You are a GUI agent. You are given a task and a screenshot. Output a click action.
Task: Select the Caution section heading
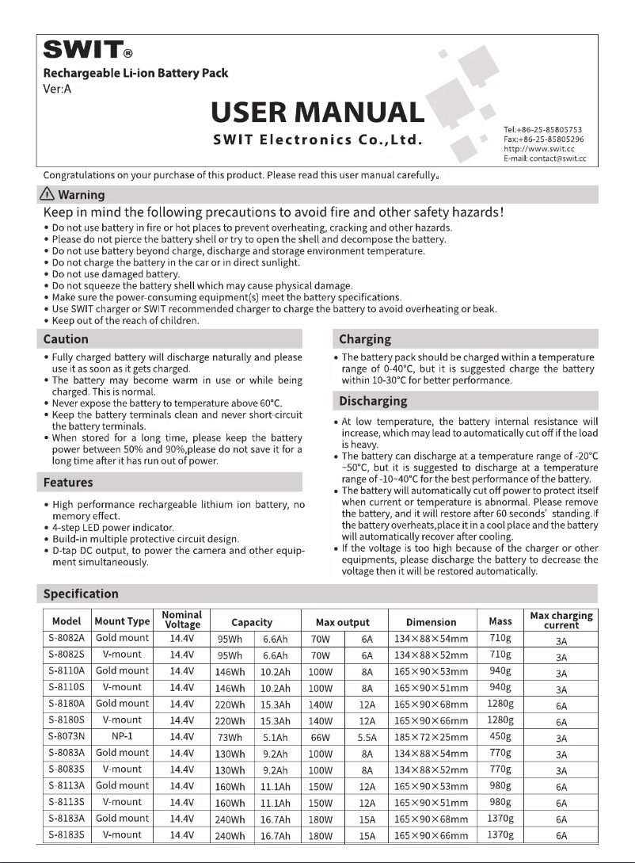pyautogui.click(x=66, y=339)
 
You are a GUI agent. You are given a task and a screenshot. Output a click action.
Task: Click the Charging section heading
pyautogui.click(x=365, y=339)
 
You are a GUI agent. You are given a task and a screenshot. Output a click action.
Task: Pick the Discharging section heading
pyautogui.click(x=373, y=401)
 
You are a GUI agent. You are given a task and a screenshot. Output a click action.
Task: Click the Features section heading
pyautogui.click(x=68, y=482)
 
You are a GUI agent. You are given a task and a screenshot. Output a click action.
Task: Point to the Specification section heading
pyautogui.click(x=81, y=594)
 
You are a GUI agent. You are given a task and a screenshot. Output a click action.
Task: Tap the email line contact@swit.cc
pyautogui.click(x=544, y=158)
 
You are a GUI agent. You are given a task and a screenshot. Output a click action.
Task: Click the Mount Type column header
pyautogui.click(x=122, y=622)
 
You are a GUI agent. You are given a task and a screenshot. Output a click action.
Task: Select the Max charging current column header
pyautogui.click(x=561, y=621)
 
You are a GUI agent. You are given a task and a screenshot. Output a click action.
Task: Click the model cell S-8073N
pyautogui.click(x=67, y=736)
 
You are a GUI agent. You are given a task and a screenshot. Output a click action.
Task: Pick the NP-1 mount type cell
pyautogui.click(x=122, y=736)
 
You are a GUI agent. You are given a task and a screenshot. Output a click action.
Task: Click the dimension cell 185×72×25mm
pyautogui.click(x=432, y=737)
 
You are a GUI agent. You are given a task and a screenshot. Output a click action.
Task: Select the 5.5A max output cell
pyautogui.click(x=367, y=737)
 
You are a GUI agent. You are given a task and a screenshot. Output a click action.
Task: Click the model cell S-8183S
pyautogui.click(x=67, y=834)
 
